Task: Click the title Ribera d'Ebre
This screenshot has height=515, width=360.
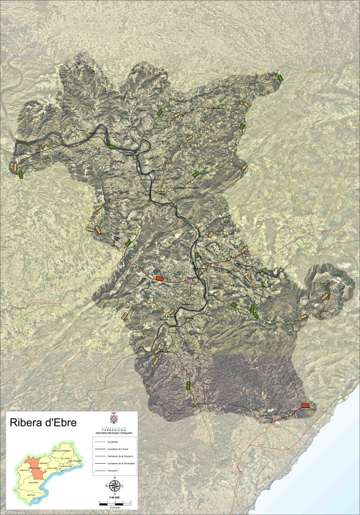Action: pos(43,423)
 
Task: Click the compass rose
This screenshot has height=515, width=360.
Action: pos(115,486)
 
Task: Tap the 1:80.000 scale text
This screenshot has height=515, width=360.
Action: pos(115,498)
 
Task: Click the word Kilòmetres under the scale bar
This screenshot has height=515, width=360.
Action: pos(115,506)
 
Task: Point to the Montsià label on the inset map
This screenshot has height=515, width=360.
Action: pos(30,495)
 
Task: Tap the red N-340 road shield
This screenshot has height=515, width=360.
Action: pos(305,405)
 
